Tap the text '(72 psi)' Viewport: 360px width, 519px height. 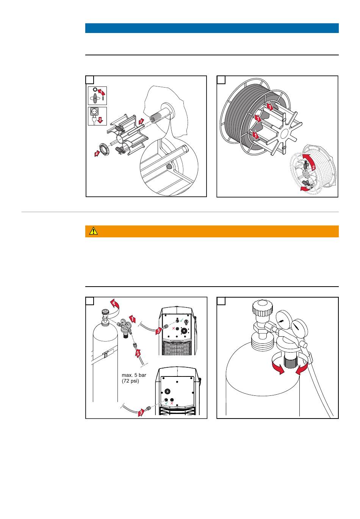(x=131, y=381)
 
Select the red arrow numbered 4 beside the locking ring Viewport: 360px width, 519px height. (x=97, y=153)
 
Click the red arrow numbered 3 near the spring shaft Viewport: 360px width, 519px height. (x=141, y=121)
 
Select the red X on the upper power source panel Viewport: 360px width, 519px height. (x=174, y=328)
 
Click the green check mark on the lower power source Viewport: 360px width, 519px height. (x=166, y=403)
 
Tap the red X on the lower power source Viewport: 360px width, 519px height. (x=172, y=403)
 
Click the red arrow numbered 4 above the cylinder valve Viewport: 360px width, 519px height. (x=114, y=303)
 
